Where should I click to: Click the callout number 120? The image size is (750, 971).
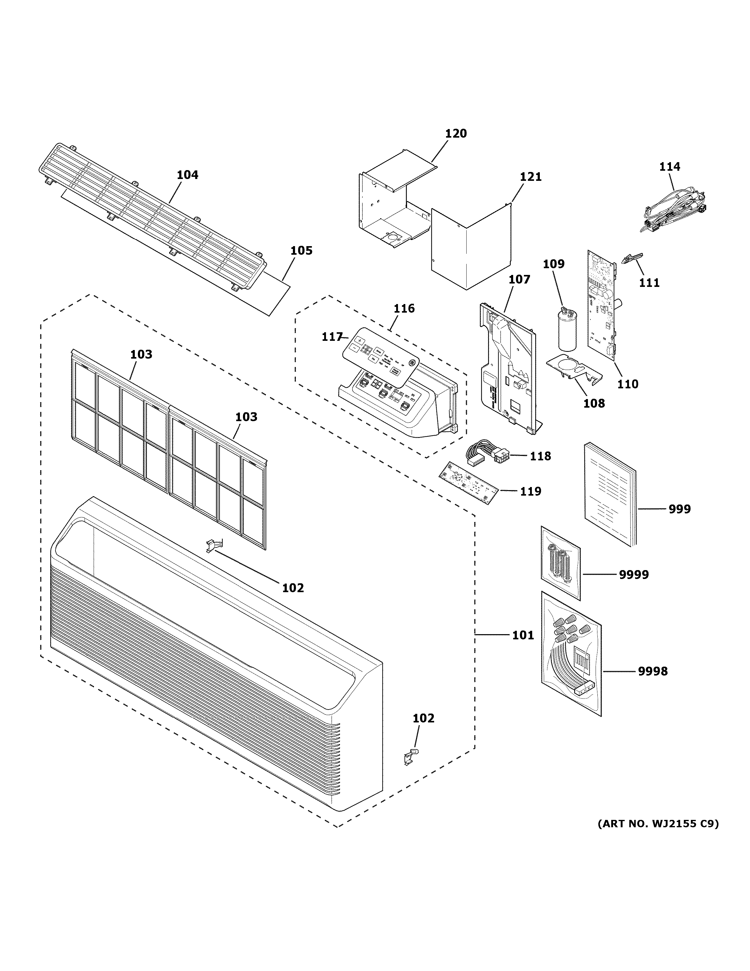456,133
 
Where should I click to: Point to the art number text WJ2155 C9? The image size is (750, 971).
657,824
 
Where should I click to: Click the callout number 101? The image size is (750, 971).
523,635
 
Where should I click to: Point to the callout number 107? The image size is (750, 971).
519,279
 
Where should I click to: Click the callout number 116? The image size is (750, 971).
404,308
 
